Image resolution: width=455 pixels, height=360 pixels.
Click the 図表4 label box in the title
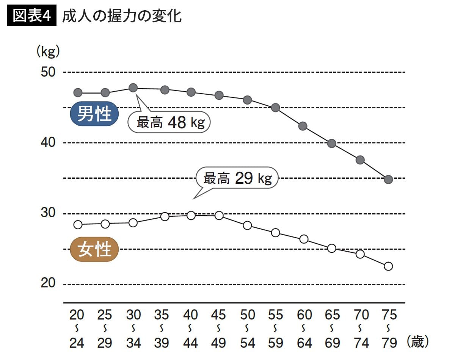[x=32, y=16]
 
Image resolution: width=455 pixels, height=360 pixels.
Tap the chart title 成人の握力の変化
[x=121, y=16]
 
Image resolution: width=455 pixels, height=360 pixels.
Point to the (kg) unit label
[x=48, y=52]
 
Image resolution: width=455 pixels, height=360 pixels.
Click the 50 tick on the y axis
[x=48, y=72]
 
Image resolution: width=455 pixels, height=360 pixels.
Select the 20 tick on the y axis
[x=48, y=283]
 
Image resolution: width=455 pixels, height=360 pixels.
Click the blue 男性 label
[x=94, y=114]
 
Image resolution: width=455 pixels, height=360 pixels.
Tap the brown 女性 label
[x=94, y=250]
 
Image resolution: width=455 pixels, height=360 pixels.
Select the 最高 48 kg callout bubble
[x=169, y=122]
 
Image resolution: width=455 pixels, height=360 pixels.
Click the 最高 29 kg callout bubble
[x=237, y=178]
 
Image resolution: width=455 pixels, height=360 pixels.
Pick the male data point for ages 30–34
[x=133, y=88]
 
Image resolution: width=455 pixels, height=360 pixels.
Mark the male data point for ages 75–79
[x=388, y=180]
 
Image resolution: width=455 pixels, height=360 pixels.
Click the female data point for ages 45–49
[x=219, y=216]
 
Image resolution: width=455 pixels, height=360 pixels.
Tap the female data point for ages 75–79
[x=388, y=266]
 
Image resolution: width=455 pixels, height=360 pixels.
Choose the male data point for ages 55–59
[x=276, y=108]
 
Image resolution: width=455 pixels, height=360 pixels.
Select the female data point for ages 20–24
[x=78, y=225]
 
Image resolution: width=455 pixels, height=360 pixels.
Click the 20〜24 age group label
[x=77, y=329]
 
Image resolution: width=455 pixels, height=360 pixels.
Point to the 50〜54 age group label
[x=247, y=329]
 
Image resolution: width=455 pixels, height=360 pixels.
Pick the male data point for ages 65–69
[x=332, y=144]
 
